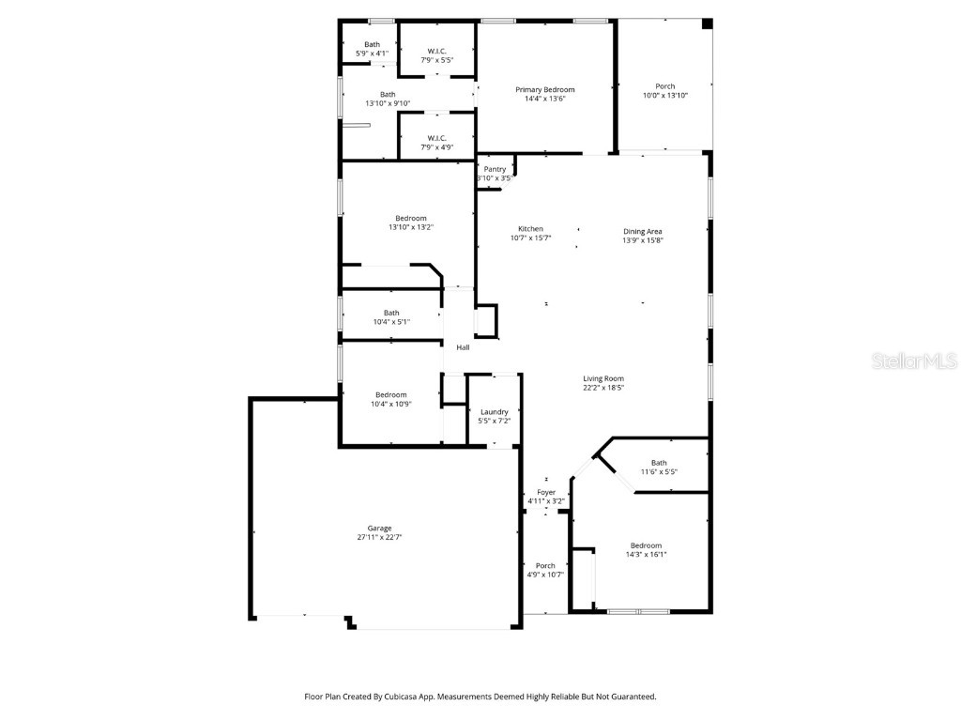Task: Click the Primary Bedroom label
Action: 544,90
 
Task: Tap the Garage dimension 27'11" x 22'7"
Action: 379,538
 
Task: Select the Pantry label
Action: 495,169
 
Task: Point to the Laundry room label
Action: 495,412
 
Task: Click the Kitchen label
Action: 530,229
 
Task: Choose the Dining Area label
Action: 643,231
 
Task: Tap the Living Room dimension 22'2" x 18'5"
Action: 603,388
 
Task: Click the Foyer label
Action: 546,492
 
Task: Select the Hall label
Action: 463,348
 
